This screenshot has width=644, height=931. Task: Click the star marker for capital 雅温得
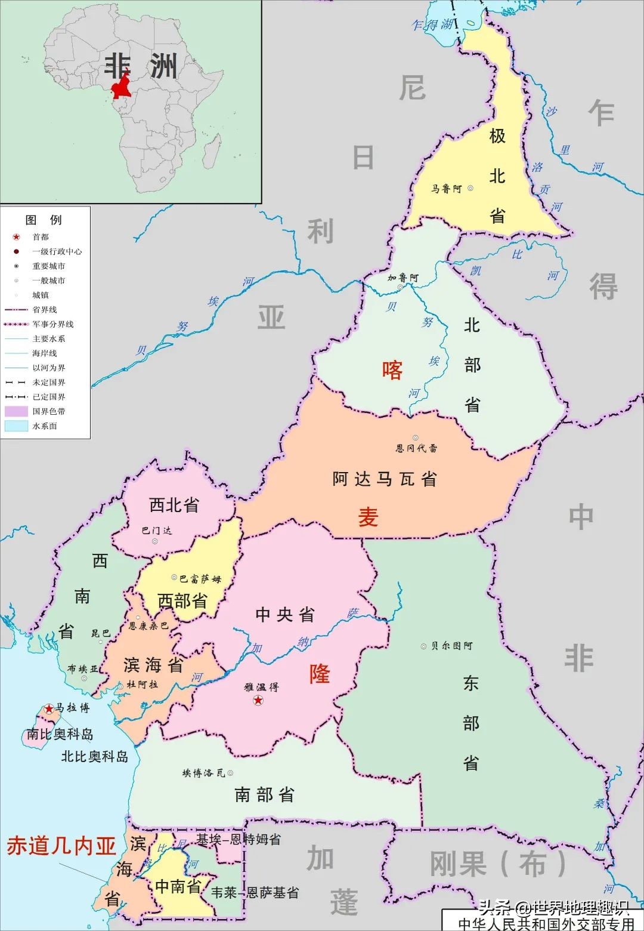258,700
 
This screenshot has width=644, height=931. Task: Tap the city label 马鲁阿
447,189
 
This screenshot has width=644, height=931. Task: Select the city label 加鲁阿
403,278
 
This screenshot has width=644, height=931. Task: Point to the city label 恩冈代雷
416,448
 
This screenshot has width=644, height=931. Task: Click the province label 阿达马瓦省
385,479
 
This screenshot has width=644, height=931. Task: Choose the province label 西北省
174,505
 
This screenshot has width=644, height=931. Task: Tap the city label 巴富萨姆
200,578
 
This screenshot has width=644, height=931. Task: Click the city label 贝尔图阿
451,646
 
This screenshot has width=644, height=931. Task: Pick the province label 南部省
264,794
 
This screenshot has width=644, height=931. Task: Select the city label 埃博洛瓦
204,773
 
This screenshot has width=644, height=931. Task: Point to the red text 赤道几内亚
61,846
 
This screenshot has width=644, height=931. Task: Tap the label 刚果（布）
498,864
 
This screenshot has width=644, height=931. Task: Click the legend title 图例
44,220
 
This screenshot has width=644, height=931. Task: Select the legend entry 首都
41,237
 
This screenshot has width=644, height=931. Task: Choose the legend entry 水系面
45,426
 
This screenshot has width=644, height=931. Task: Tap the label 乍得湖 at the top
432,24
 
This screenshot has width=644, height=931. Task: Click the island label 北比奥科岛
95,757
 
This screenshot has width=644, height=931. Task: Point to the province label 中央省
284,615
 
